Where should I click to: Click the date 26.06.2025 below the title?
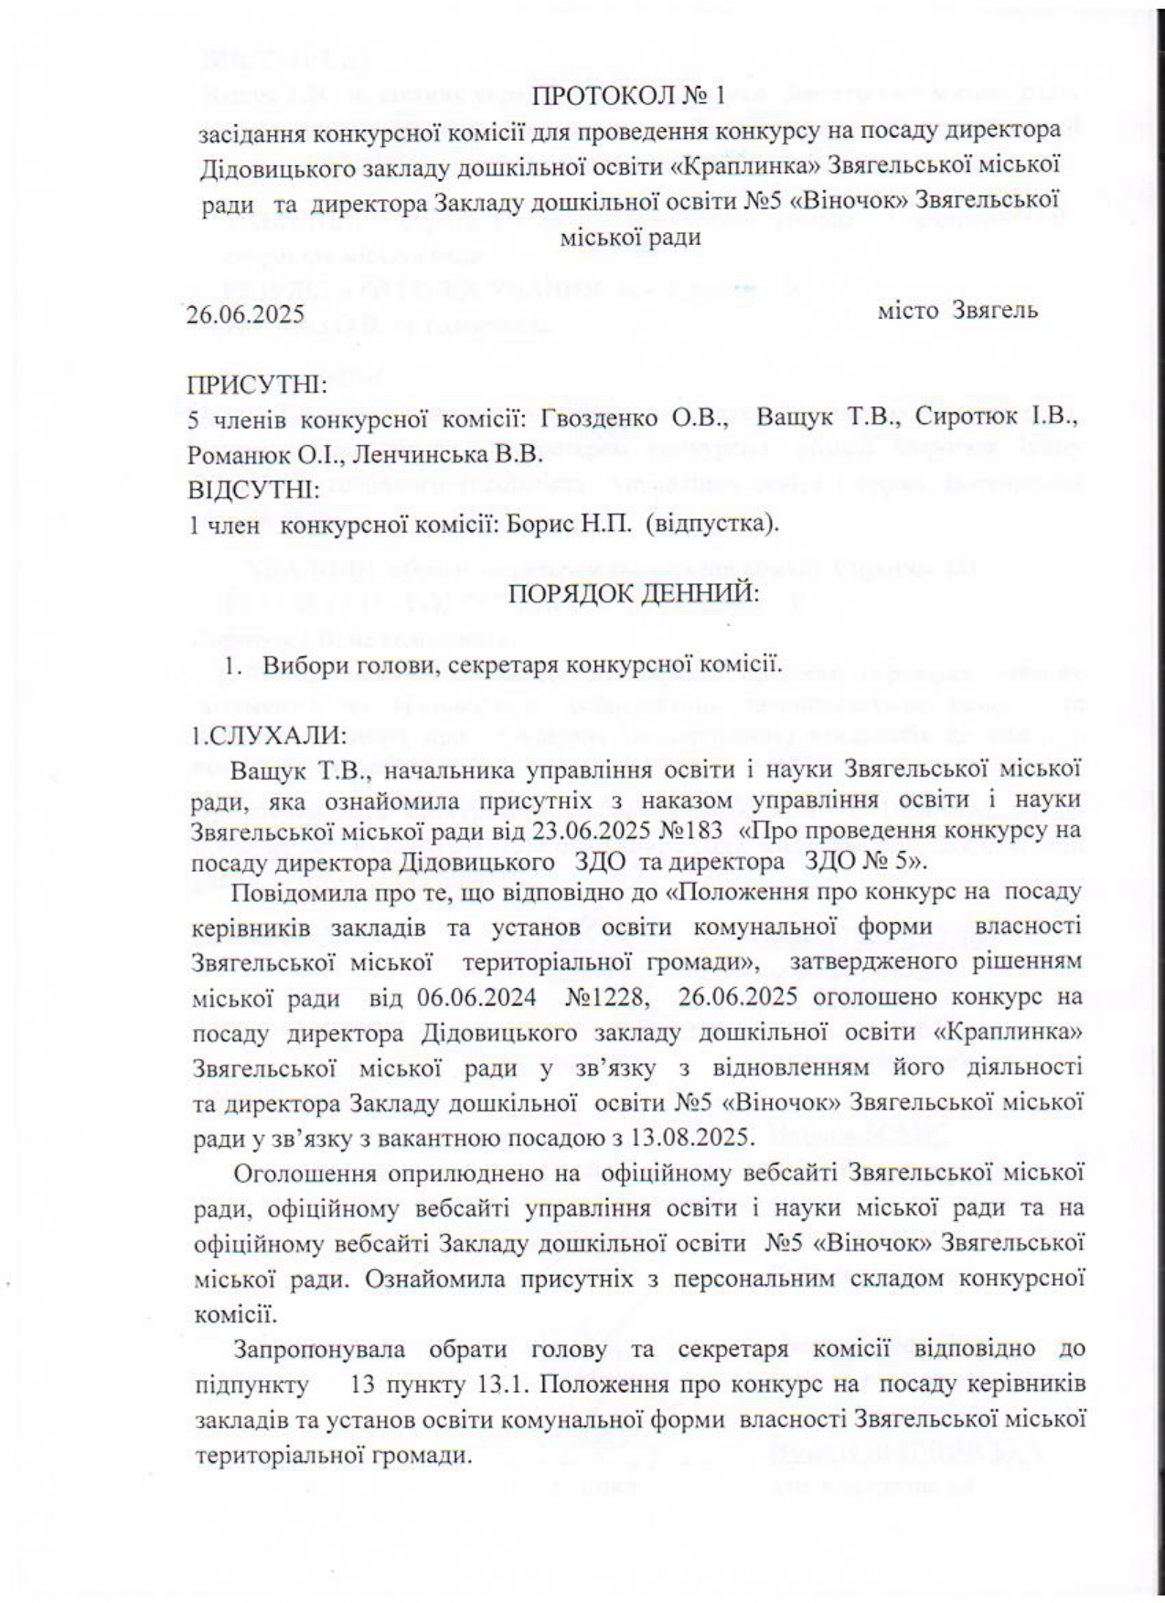245,315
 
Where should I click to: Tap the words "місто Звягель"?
957,311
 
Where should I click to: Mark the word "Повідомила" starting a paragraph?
293,890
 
